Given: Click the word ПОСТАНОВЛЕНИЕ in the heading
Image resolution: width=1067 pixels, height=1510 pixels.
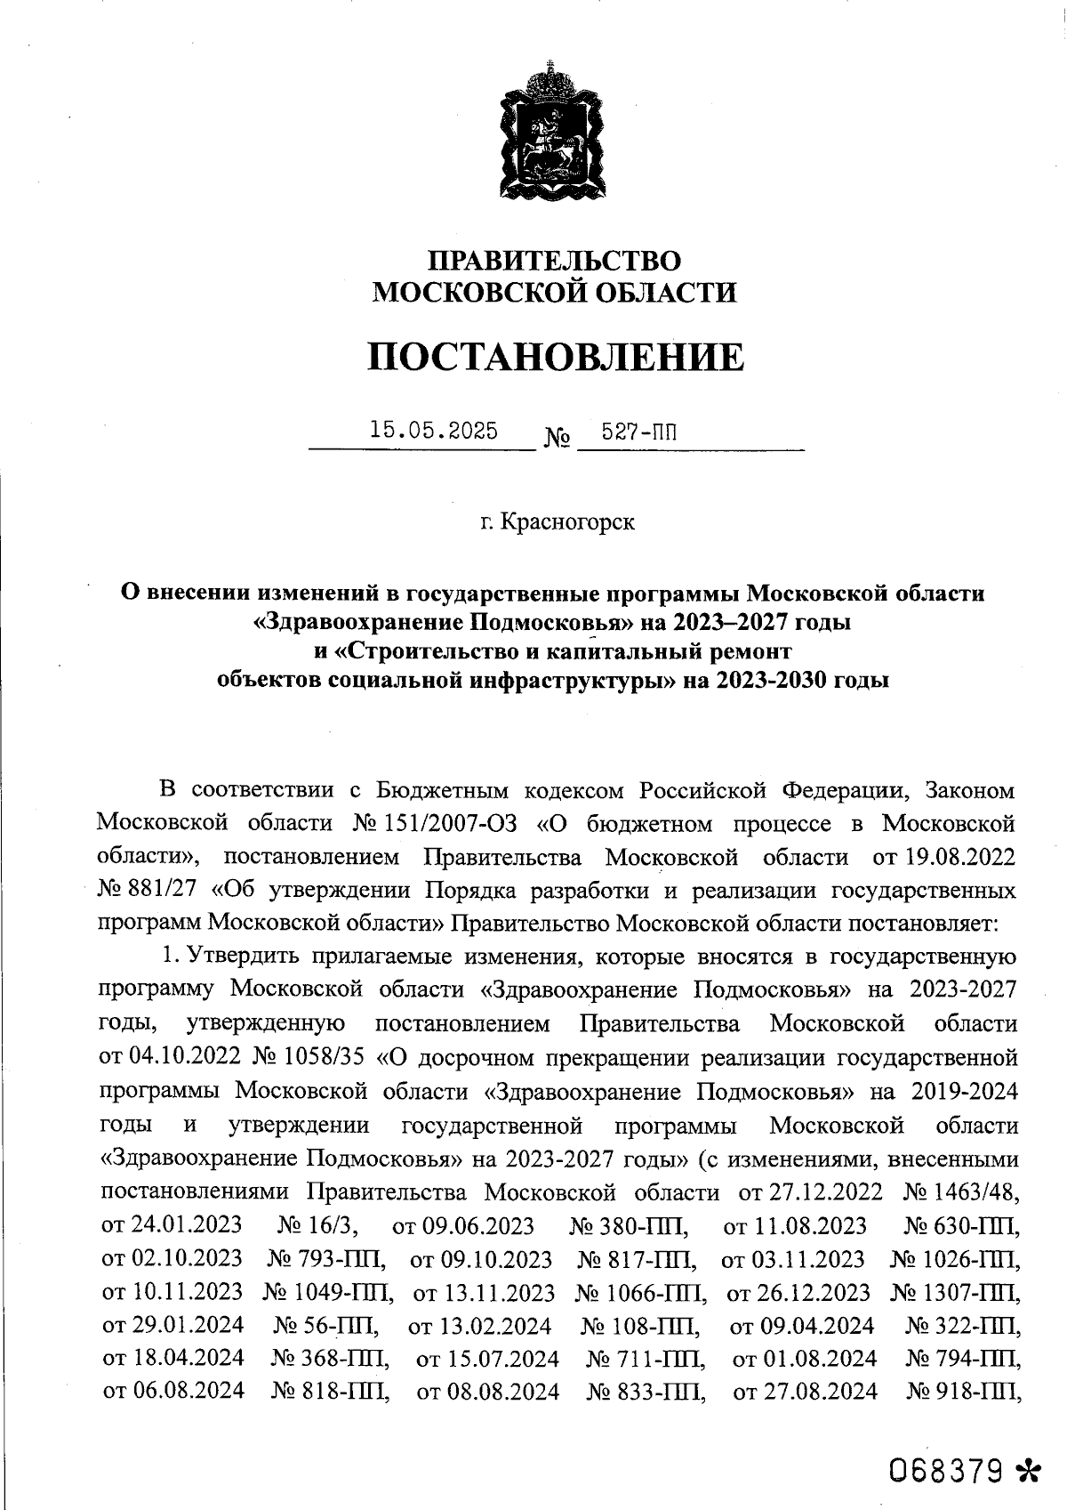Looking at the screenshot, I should pyautogui.click(x=556, y=357).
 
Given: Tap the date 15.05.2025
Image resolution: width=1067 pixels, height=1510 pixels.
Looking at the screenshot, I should pyautogui.click(x=434, y=431).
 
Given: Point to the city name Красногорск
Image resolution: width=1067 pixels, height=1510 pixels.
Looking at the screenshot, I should pyautogui.click(x=568, y=521).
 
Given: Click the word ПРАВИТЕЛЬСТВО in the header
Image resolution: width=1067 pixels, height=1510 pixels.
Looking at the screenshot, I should pyautogui.click(x=556, y=260).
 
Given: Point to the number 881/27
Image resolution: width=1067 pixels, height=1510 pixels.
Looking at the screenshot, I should pyautogui.click(x=164, y=891).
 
